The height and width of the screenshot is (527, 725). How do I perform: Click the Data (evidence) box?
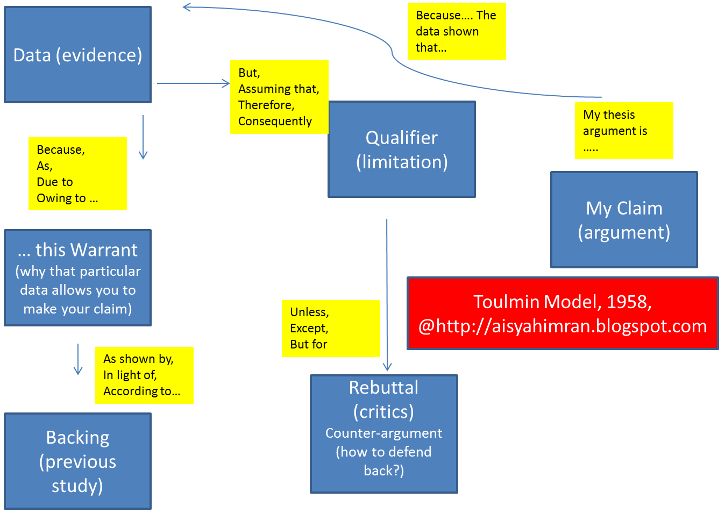coord(78,55)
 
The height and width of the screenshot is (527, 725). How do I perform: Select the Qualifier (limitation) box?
coord(402,149)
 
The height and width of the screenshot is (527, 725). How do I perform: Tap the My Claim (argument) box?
coord(624,220)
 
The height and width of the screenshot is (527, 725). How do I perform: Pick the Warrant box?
coord(78,278)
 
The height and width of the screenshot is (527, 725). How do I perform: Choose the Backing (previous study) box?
coord(78,461)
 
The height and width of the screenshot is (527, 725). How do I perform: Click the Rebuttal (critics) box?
coord(384,434)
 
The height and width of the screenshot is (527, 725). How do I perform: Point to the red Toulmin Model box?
coord(563,314)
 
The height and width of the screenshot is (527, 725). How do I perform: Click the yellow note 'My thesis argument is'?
coord(624,131)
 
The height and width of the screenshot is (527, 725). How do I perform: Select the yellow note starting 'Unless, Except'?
coord(331,329)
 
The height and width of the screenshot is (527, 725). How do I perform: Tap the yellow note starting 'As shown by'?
coord(144,375)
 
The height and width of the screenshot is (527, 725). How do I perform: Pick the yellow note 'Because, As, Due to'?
coord(77,174)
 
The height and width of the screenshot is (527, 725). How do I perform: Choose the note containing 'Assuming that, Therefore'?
coord(279,97)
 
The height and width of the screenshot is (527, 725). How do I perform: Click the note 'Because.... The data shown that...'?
coord(457,31)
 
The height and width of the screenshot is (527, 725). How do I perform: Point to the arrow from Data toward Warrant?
coord(143,137)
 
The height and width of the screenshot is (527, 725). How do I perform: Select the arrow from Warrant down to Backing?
coord(78,359)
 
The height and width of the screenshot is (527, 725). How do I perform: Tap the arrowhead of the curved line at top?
coord(187,7)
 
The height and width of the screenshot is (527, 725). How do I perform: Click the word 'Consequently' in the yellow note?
coord(275,122)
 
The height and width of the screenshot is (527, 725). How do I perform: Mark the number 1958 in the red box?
coord(627,302)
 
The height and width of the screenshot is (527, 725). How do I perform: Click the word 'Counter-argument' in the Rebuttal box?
coord(383,433)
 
